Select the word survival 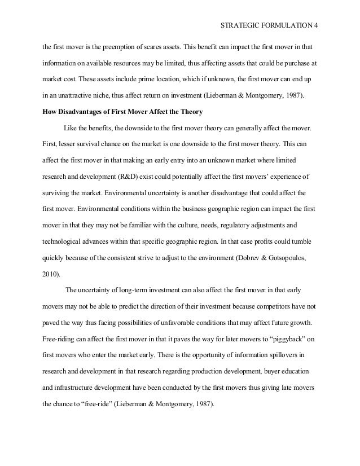[x=86, y=144]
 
